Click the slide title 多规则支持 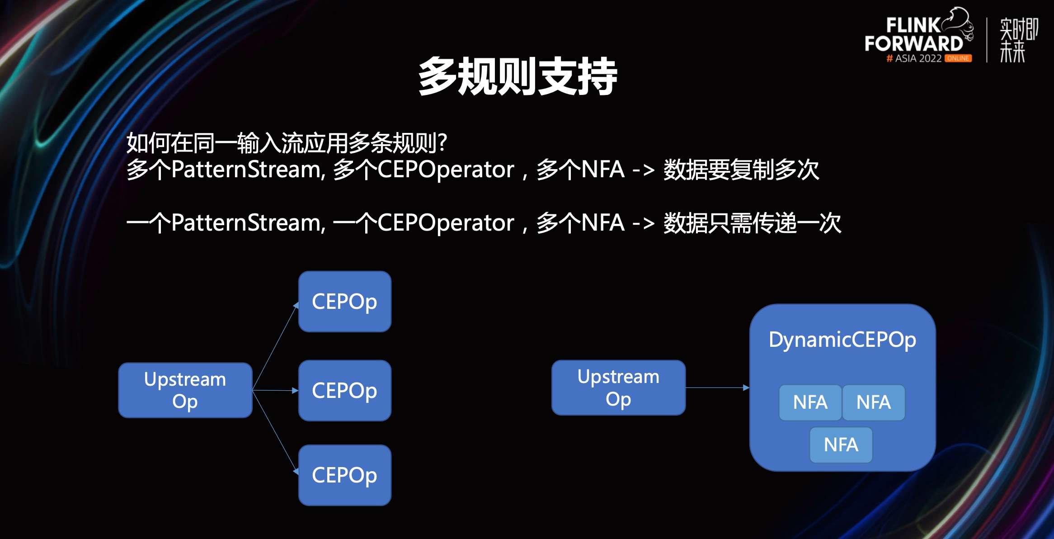518,77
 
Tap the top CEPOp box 344,302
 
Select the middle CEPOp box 344,390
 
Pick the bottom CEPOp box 344,475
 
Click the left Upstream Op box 185,390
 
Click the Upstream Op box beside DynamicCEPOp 618,388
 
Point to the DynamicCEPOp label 842,340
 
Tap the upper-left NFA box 810,402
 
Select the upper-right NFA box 873,402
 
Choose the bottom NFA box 841,444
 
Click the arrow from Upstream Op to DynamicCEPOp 717,388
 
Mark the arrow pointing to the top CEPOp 275,347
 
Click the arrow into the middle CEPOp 275,390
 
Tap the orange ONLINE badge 958,58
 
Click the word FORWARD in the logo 913,44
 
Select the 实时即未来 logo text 1018,40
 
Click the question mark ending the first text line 442,142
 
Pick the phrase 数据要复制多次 741,170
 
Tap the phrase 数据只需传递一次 752,223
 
